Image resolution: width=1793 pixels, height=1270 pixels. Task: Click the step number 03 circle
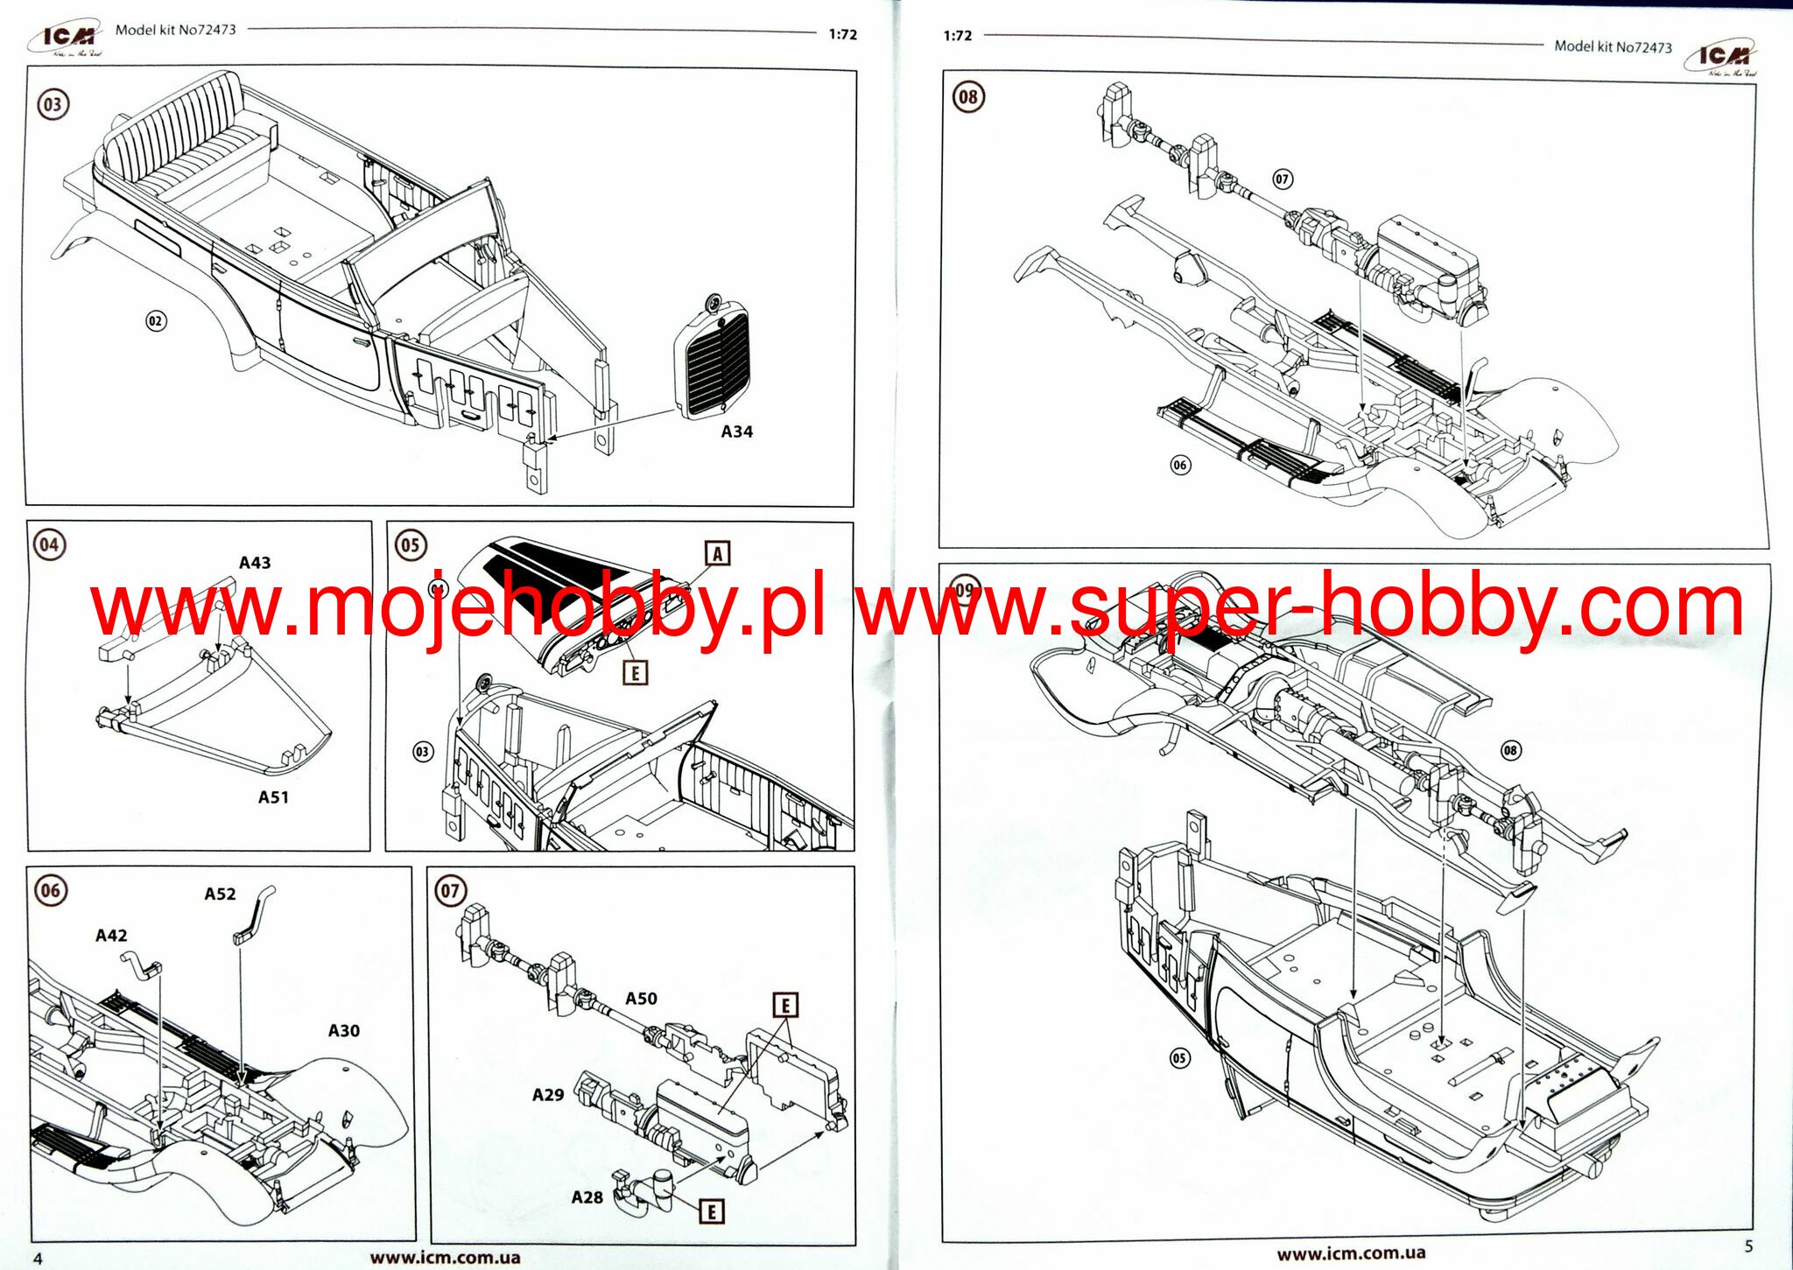(x=53, y=104)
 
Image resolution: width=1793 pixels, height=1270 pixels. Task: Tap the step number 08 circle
(x=967, y=96)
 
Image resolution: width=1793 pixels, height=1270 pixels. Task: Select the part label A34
(x=736, y=432)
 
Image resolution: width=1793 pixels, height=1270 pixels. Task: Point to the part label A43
(x=255, y=563)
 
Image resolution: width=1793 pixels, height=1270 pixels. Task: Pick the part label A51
(x=273, y=797)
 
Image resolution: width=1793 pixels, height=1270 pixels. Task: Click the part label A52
(x=220, y=894)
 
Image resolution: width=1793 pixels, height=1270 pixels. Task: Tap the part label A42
(x=111, y=936)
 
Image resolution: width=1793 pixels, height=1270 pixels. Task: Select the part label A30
(x=343, y=1031)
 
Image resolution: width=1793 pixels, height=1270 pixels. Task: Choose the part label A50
(x=641, y=999)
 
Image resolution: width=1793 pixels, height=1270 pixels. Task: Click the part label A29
(x=548, y=1095)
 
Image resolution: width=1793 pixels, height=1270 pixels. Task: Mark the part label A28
(x=587, y=1197)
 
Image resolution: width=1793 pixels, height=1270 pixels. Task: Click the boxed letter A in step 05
(x=717, y=553)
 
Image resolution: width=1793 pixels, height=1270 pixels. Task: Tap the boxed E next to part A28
(x=712, y=1211)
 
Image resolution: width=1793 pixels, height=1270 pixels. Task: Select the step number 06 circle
(x=50, y=891)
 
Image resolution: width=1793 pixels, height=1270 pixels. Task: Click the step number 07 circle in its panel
(x=449, y=891)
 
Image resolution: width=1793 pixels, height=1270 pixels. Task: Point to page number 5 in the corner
(x=1748, y=1246)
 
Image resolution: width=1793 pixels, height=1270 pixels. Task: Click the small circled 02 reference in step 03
(x=155, y=321)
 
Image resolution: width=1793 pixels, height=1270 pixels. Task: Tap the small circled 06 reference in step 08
(x=1180, y=465)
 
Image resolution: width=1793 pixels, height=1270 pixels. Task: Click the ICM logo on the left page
(x=68, y=38)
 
